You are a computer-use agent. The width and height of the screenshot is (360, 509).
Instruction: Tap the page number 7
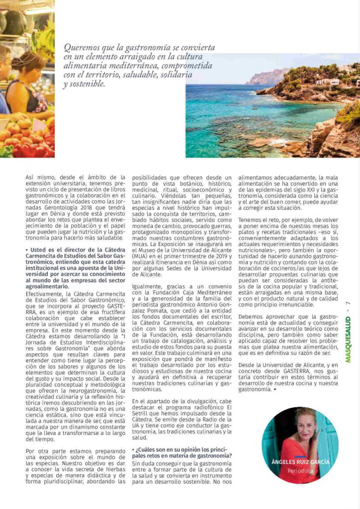pos(349,304)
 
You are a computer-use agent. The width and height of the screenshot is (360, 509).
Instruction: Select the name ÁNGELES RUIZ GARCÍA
pos(300,462)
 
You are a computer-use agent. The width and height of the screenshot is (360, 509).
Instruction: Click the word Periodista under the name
pos(300,470)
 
